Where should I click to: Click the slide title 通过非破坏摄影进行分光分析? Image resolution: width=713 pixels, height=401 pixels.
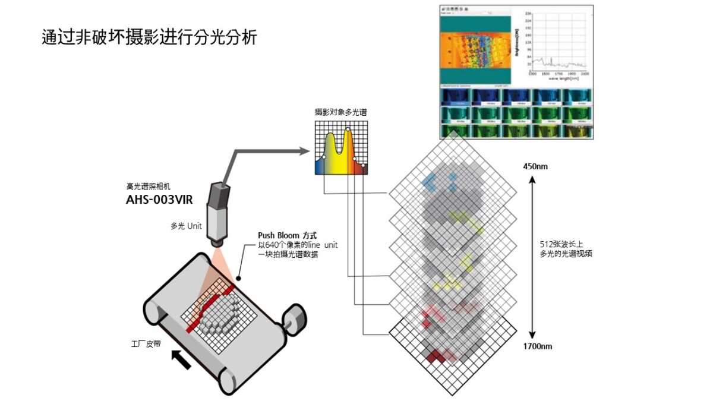[x=149, y=37]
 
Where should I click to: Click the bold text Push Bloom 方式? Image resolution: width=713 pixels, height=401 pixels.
[x=288, y=235]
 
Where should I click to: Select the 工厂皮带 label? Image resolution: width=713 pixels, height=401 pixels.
[x=146, y=343]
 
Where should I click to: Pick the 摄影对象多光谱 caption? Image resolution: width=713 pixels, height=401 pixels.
[x=340, y=112]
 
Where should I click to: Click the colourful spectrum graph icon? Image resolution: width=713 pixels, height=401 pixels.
[x=341, y=148]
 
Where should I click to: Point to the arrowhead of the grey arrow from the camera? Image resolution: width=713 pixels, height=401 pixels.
[x=304, y=151]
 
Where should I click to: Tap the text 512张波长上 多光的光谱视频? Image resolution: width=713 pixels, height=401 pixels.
[x=563, y=248]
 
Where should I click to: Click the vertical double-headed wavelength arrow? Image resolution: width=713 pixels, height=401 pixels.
[x=533, y=255]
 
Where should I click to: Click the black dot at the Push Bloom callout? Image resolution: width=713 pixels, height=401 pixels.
[x=239, y=277]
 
